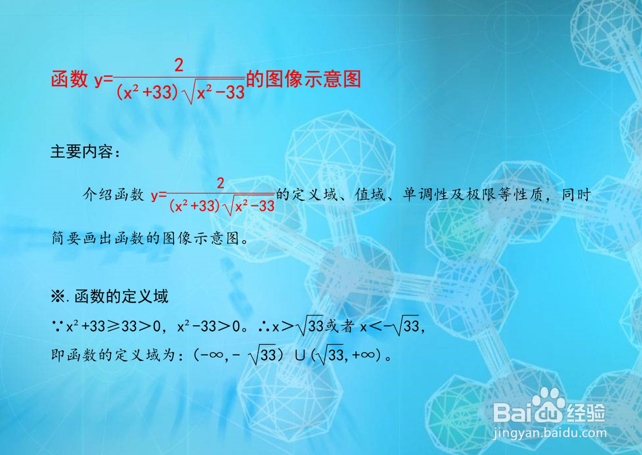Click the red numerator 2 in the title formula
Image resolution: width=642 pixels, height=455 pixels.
[x=179, y=65]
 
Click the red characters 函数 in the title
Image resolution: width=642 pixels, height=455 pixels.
[x=69, y=79]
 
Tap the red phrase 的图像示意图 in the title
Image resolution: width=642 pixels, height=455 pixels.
[x=303, y=79]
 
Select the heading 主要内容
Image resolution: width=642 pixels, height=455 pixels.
[x=82, y=152]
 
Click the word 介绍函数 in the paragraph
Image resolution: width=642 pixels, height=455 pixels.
[x=113, y=195]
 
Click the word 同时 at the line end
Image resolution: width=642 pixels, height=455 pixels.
[x=576, y=195]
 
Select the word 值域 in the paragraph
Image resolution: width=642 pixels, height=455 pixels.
[x=370, y=195]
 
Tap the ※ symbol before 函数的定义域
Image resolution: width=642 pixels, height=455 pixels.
[x=58, y=297]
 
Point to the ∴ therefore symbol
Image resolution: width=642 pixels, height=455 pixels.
[x=264, y=326]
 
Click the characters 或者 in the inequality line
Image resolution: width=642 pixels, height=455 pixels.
[x=339, y=326]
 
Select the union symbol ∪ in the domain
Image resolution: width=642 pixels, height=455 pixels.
[x=300, y=355]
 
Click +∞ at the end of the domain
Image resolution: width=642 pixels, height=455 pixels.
[x=364, y=355]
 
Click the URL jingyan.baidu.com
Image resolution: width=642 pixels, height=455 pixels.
[x=550, y=433]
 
